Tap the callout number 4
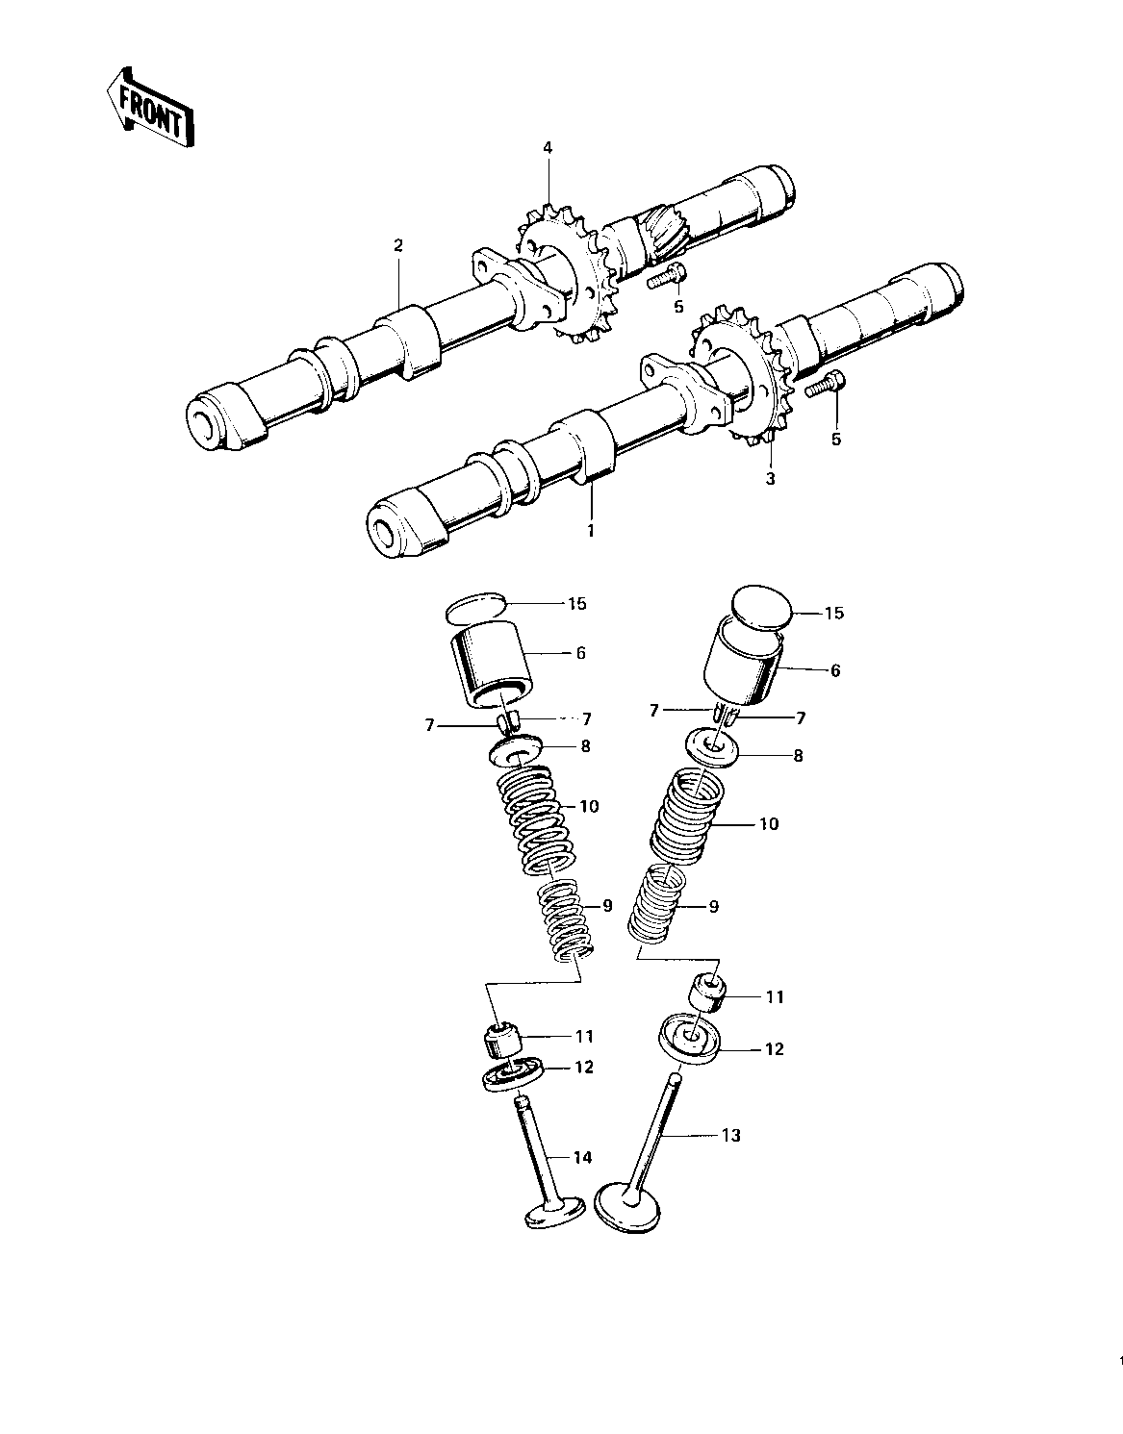pos(548,147)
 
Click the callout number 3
pos(769,478)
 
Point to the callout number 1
pos(592,529)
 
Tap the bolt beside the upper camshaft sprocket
pos(666,277)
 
